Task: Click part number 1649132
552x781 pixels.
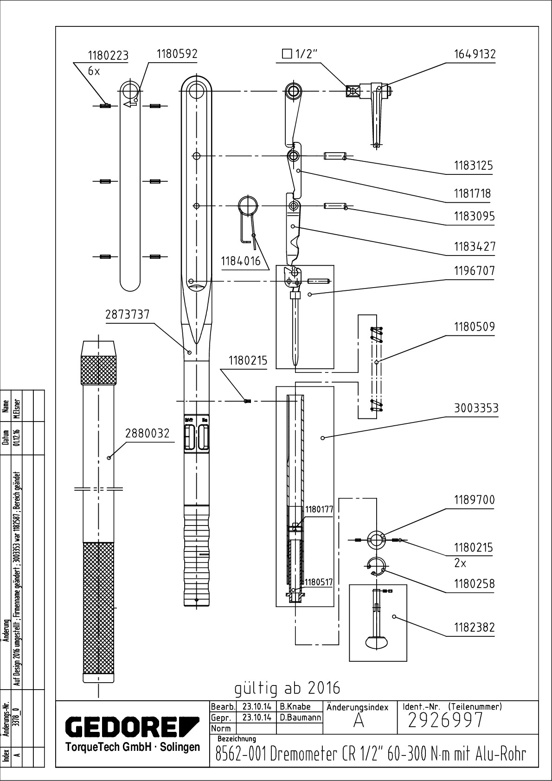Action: (474, 54)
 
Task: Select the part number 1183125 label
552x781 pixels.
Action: (473, 166)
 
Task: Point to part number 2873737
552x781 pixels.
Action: (128, 314)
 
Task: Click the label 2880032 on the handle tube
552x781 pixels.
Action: (147, 433)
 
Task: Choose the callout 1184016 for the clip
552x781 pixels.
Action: (241, 261)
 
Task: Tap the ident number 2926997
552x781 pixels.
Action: (445, 720)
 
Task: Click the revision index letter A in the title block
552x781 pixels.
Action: (358, 722)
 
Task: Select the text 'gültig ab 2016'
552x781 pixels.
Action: (287, 688)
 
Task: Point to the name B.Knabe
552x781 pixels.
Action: (295, 707)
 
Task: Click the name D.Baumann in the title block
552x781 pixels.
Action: (301, 717)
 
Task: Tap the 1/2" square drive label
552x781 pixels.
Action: (300, 54)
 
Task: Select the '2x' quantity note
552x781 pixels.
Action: (460, 563)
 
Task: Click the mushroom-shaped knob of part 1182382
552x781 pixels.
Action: (376, 642)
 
